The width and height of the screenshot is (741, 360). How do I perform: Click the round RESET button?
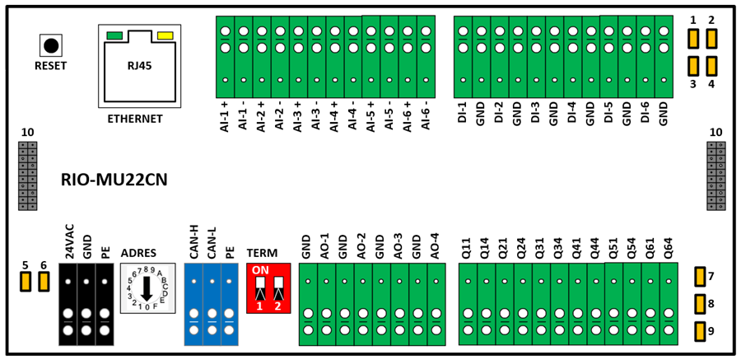pos(51,45)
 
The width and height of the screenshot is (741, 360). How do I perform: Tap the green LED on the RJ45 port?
pos(114,35)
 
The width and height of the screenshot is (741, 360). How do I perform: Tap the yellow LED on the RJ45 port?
pos(165,35)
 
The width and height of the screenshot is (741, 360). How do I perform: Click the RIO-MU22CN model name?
pos(114,180)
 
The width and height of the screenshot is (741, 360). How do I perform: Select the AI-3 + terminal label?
pos(298,117)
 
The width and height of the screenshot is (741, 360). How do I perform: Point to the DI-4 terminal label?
pos(572,114)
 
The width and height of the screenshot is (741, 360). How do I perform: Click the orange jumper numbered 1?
pos(693,39)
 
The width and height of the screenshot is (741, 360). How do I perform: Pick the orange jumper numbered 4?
pos(711,66)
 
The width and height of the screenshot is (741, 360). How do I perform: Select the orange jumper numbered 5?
pos(25,282)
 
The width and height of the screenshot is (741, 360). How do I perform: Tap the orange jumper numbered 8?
pos(701,304)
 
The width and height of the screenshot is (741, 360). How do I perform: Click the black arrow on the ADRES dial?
pos(147,288)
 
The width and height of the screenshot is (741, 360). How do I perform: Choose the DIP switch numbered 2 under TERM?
pos(278,289)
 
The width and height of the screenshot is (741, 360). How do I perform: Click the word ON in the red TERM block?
pos(259,271)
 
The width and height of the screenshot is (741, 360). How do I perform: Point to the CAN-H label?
pos(193,244)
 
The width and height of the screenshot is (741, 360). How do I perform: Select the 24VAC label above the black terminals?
pos(69,243)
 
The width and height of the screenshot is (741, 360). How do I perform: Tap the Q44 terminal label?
pos(595,248)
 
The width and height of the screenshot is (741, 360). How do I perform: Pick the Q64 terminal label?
pos(668,248)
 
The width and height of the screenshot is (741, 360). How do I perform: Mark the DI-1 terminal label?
pos(462,114)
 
